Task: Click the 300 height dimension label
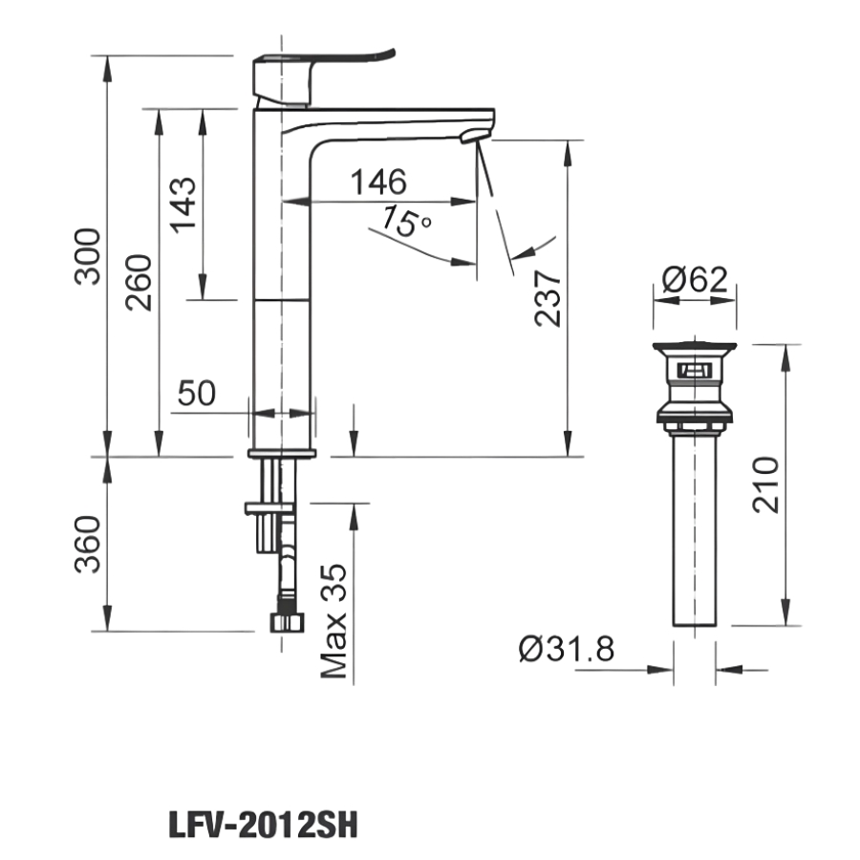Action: pyautogui.click(x=89, y=256)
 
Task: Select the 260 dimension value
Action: pyautogui.click(x=140, y=282)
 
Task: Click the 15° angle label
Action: pyautogui.click(x=405, y=222)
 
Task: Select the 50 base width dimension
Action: pyautogui.click(x=197, y=392)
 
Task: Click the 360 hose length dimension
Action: pyautogui.click(x=89, y=543)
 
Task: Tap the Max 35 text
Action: pyautogui.click(x=334, y=619)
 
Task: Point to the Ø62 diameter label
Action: pyautogui.click(x=695, y=280)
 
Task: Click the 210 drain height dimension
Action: pyautogui.click(x=767, y=484)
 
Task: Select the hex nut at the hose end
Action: pyautogui.click(x=287, y=621)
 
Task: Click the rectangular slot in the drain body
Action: pyautogui.click(x=695, y=369)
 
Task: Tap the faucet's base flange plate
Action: pyautogui.click(x=282, y=453)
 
